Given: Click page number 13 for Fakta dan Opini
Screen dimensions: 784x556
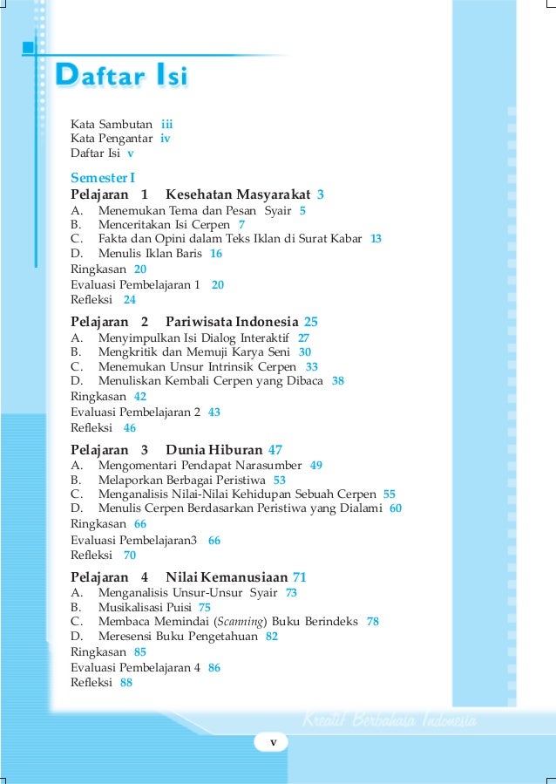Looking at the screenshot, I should (x=376, y=238).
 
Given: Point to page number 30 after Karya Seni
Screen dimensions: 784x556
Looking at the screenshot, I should (x=305, y=351).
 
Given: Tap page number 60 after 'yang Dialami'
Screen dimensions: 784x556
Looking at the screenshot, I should (x=395, y=508).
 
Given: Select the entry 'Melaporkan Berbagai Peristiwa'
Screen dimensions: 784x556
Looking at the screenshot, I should (x=180, y=480).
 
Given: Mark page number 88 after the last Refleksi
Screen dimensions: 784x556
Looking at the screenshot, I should (x=126, y=683).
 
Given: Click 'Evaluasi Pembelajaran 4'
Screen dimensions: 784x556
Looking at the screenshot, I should (x=136, y=667).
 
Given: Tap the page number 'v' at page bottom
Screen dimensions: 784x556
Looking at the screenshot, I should (x=273, y=742).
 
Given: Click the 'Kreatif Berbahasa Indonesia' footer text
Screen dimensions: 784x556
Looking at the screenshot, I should (x=389, y=721).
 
